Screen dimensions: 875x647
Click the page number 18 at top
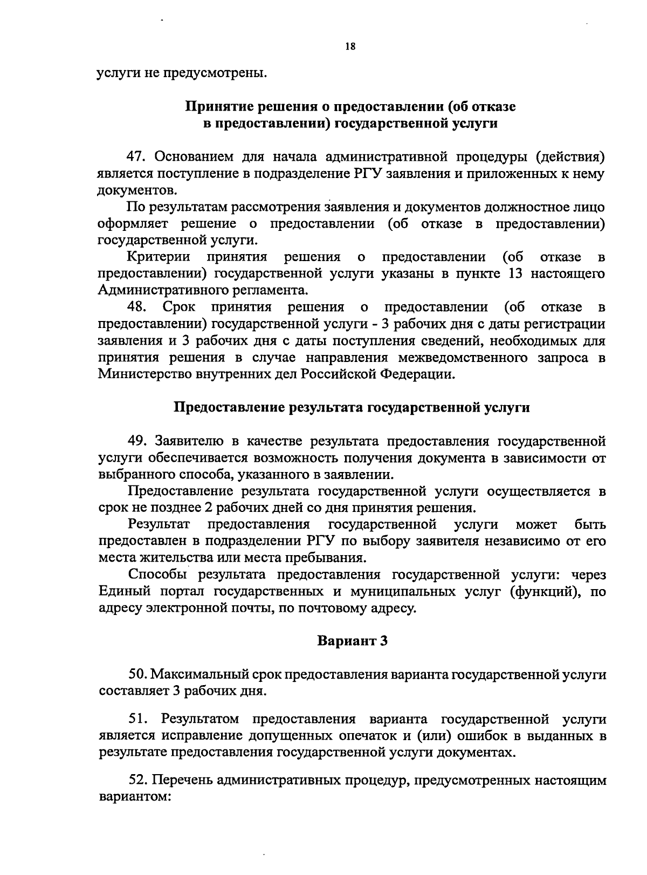point(350,47)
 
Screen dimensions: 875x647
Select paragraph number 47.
point(137,157)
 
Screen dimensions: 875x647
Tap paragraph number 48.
point(138,307)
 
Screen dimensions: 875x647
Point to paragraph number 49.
point(138,441)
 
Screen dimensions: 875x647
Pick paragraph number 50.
point(138,674)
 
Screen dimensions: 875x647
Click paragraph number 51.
point(138,719)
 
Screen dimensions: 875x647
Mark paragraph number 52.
point(138,780)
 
